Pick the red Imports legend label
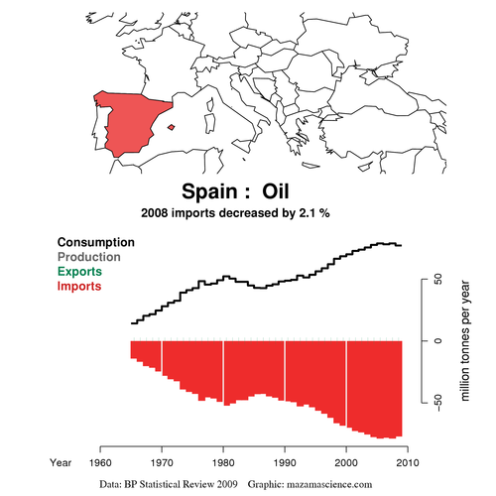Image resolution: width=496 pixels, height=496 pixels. [x=85, y=286]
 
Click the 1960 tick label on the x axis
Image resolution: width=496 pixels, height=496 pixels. [x=100, y=462]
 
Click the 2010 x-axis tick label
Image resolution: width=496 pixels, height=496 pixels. [x=407, y=462]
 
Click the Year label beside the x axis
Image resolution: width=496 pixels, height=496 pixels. [x=62, y=462]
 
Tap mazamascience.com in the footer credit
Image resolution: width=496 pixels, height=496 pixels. [x=323, y=483]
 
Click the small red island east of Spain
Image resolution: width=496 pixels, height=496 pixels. [x=173, y=126]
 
